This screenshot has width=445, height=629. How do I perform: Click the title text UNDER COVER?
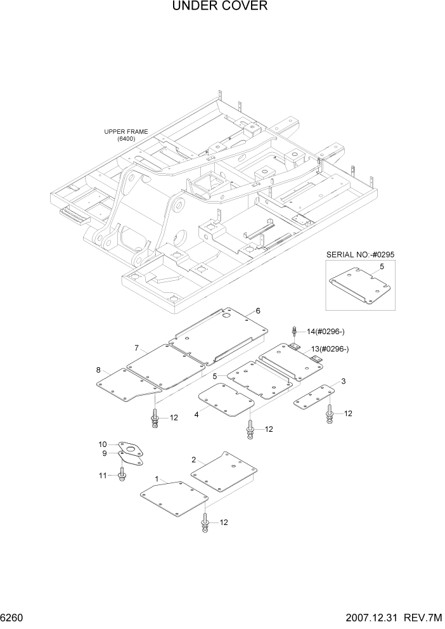(219, 7)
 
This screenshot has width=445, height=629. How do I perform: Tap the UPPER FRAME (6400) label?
(126, 135)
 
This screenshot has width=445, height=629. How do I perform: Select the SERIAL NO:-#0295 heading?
(360, 254)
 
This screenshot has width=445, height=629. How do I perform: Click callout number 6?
(258, 311)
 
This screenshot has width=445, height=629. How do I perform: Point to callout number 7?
(136, 347)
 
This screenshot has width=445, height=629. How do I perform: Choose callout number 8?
(98, 370)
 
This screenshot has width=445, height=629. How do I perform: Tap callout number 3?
(343, 381)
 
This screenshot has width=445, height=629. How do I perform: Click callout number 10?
(103, 444)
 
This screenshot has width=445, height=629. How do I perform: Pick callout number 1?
(155, 479)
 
